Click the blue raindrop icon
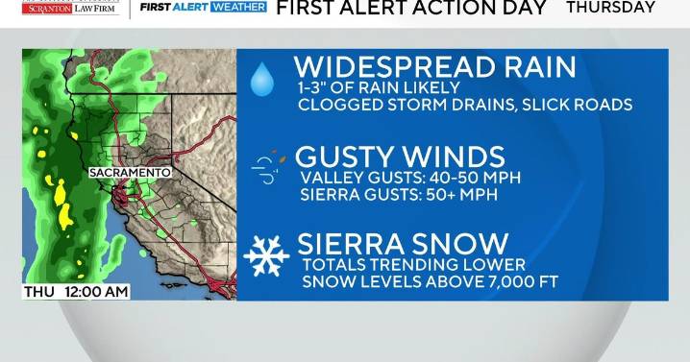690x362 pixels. pos(261,80)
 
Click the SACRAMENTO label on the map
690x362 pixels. pos(130,173)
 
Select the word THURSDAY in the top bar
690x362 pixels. pos(610,8)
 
